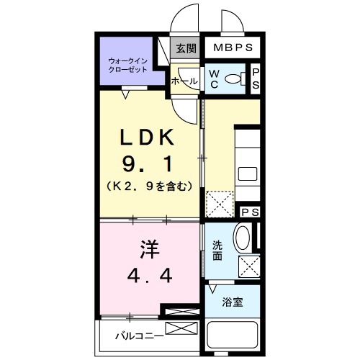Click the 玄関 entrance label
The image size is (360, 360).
[x=186, y=49]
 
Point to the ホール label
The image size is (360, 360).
[x=184, y=81]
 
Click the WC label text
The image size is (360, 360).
[x=215, y=79]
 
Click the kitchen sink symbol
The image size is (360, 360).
[x=248, y=174]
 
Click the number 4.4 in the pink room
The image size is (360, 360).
[x=149, y=276]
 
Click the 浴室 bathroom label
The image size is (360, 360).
[x=232, y=302]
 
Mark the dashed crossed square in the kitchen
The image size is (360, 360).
[x=220, y=203]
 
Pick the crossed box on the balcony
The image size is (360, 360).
[x=181, y=329]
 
